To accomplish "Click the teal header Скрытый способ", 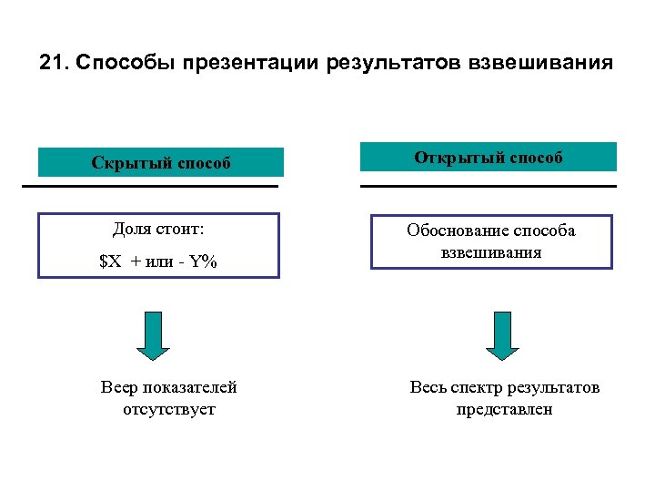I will pos(160,163).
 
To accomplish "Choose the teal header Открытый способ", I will pos(489,158).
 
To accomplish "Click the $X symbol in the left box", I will pos(110,261).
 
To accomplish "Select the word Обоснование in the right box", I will pos(456,231).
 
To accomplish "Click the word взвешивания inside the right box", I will pos(491,252).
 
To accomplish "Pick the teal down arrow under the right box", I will pos(501,335).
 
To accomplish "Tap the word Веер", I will pos(119,387).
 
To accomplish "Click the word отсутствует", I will pos(169,409).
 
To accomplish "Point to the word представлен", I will pos(505,409).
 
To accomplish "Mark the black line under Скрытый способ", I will pos(149,186).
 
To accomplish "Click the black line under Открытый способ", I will pos(489,186).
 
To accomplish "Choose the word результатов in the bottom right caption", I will pos(555,387).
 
